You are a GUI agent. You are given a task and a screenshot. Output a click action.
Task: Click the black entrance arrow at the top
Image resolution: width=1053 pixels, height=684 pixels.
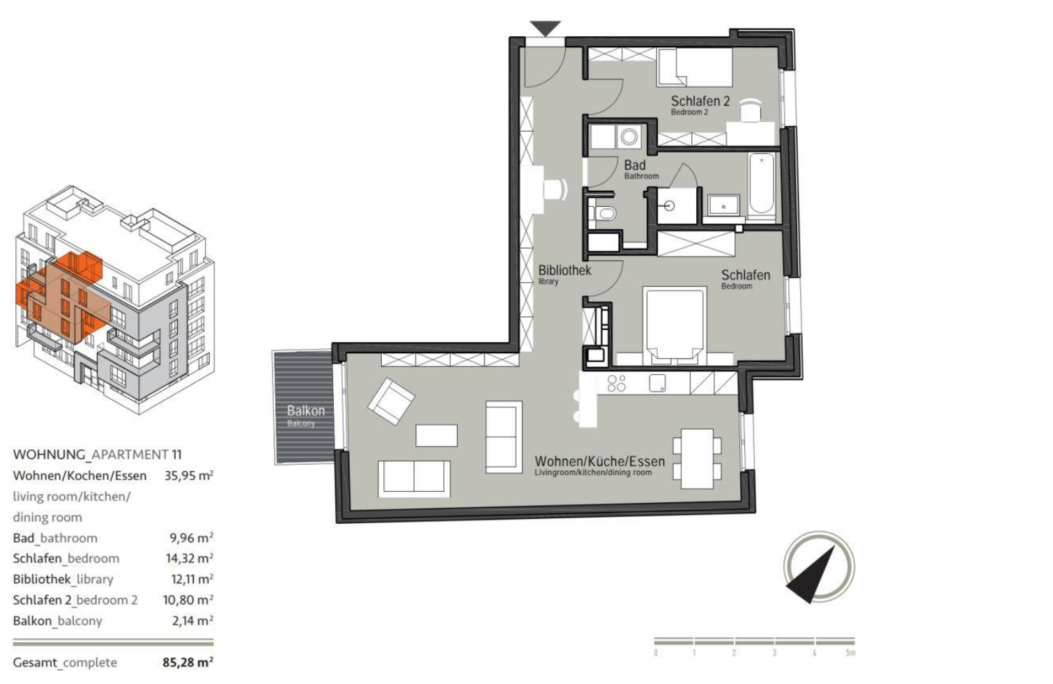(545, 28)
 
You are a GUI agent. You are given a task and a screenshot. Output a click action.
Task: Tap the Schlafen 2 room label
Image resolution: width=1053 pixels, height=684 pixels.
(700, 104)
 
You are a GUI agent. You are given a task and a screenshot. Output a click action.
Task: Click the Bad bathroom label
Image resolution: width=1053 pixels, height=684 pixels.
(640, 169)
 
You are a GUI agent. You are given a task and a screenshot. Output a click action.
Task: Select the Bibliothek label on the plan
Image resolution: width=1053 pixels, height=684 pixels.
(564, 274)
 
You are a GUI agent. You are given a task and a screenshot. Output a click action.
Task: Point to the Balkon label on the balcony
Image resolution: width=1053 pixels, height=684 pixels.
(305, 415)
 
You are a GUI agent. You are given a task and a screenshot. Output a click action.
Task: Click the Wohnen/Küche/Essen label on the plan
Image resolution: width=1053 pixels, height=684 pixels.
(599, 465)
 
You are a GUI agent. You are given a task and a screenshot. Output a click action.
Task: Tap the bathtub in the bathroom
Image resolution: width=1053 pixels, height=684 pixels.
(762, 185)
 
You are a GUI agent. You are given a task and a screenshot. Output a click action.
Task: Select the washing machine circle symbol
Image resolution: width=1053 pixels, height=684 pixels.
(629, 137)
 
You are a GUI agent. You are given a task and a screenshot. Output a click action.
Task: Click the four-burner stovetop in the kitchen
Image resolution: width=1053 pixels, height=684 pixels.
(616, 383)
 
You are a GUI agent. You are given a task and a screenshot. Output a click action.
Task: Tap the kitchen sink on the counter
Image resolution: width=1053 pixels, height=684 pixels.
(657, 383)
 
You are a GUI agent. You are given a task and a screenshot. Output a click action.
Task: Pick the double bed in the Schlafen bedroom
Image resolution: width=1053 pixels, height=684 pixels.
(675, 325)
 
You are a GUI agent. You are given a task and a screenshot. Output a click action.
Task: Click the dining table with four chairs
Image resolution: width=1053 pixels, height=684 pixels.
(697, 458)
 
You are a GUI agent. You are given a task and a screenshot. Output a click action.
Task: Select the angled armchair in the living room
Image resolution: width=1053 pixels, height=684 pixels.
(391, 401)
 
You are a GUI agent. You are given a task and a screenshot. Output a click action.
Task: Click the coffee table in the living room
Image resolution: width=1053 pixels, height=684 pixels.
(436, 435)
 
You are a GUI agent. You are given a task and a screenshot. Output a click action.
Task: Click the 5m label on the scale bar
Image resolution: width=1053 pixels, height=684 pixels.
(850, 653)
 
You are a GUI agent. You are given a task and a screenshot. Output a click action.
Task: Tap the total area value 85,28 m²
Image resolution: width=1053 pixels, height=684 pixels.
(187, 662)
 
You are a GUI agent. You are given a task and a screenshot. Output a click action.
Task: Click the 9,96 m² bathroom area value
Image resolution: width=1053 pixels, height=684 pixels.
(191, 538)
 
